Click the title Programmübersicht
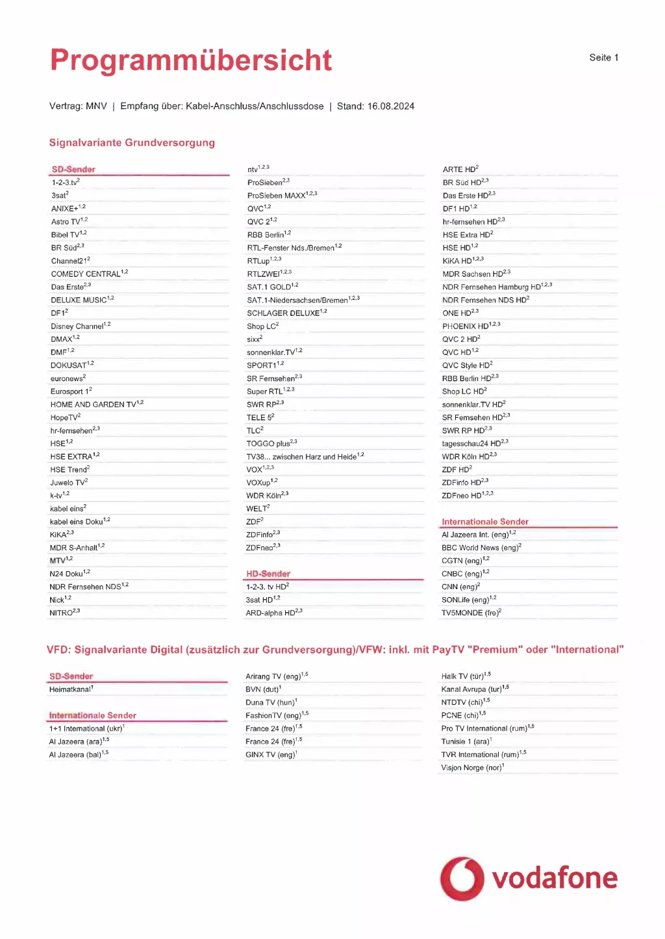(x=191, y=60)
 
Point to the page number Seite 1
(x=603, y=58)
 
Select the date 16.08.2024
(x=390, y=106)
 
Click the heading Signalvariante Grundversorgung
(x=132, y=143)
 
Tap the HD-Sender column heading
(x=268, y=574)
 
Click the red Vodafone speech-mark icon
(x=462, y=879)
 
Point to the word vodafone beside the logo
(x=555, y=878)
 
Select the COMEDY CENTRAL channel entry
(x=86, y=274)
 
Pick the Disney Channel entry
(x=77, y=326)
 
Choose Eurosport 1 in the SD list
(x=69, y=391)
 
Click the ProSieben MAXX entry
(x=277, y=195)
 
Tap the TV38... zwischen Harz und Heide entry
(x=301, y=457)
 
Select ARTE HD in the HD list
(x=458, y=169)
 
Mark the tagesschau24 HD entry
(x=471, y=444)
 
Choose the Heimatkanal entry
(x=70, y=689)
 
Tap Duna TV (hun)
(x=270, y=702)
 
